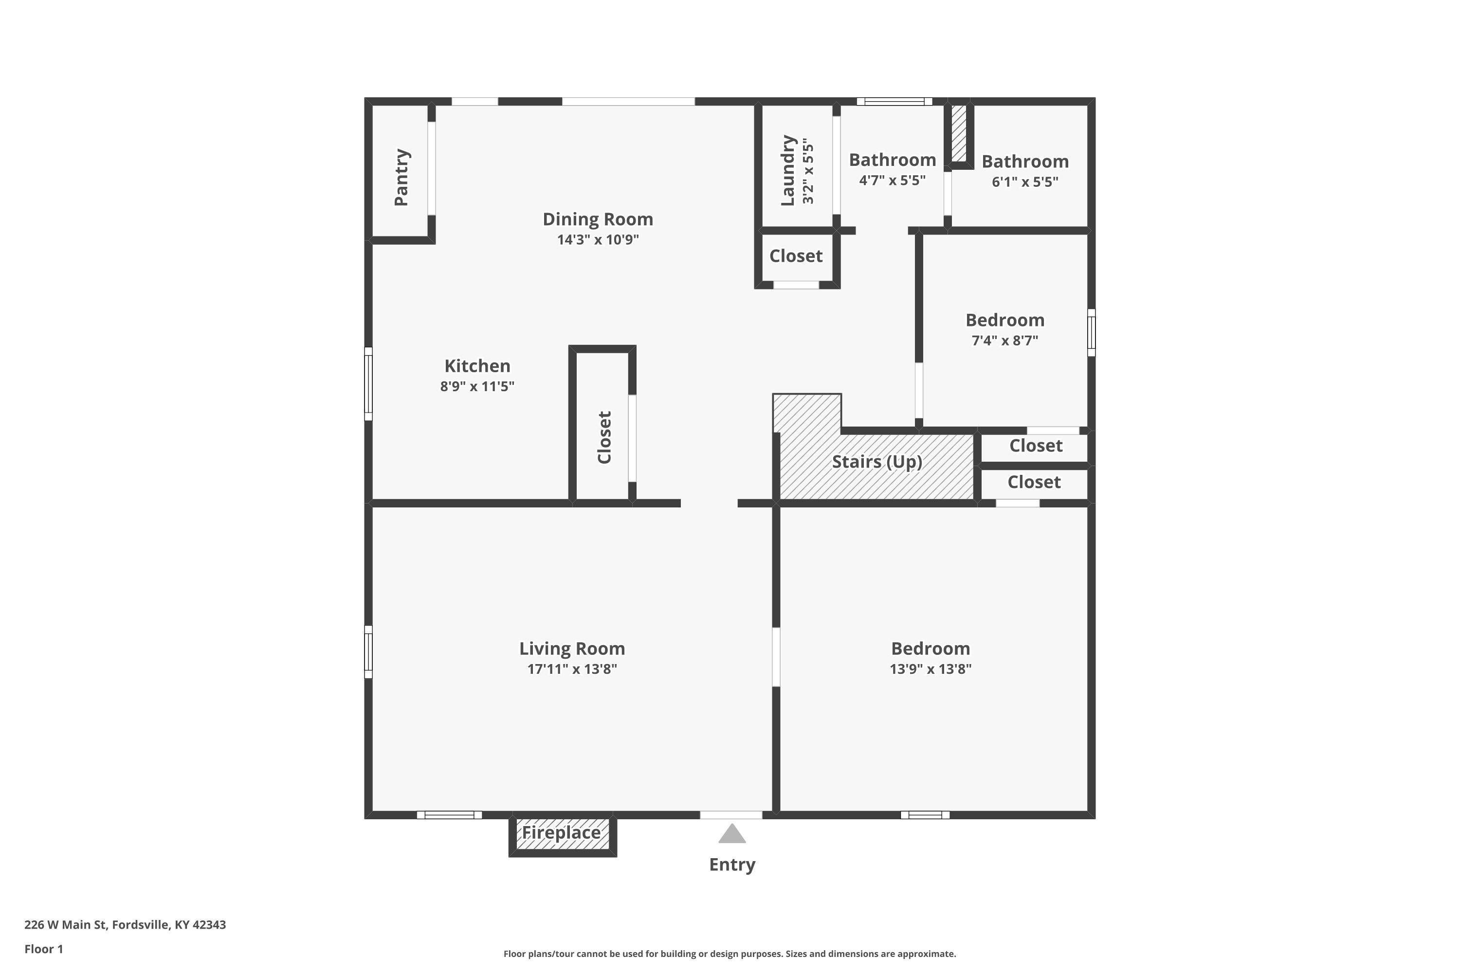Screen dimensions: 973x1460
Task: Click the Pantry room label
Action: pos(401,178)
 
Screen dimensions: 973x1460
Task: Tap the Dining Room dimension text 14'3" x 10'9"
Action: pos(597,239)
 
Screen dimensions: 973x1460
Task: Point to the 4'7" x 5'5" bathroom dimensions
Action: pos(892,180)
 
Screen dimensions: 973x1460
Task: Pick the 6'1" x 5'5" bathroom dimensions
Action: pos(1024,182)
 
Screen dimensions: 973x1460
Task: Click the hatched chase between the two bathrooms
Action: pos(958,133)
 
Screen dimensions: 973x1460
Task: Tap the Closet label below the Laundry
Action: pos(796,256)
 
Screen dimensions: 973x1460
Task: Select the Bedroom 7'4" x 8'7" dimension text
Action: pos(1004,340)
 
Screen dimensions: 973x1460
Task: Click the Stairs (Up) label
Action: pos(876,462)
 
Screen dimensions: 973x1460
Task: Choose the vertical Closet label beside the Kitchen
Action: pos(604,437)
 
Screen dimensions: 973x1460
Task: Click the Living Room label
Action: pos(572,649)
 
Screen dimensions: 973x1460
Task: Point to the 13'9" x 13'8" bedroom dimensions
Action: pos(930,669)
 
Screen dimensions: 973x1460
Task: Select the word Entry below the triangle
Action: pos(732,865)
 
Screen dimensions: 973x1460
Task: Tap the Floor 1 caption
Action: pos(43,949)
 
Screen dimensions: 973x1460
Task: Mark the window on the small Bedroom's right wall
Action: pos(1091,333)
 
